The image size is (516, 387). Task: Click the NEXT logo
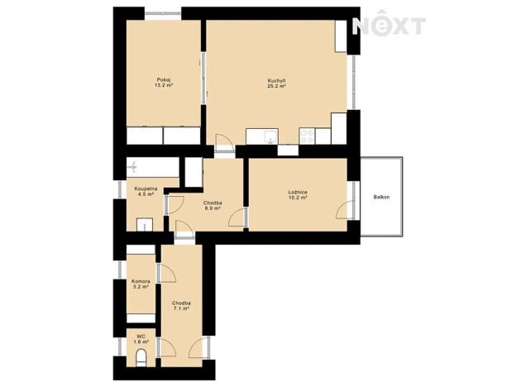[x=389, y=26]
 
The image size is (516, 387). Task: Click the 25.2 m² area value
[x=276, y=86]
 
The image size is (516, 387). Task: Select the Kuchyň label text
[x=276, y=79]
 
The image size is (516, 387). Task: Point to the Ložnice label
[x=298, y=192]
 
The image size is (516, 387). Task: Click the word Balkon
[x=381, y=197]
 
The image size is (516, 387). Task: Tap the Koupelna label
[x=146, y=189]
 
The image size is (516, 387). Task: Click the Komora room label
[x=141, y=281]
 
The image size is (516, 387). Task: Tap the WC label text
[x=141, y=336]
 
